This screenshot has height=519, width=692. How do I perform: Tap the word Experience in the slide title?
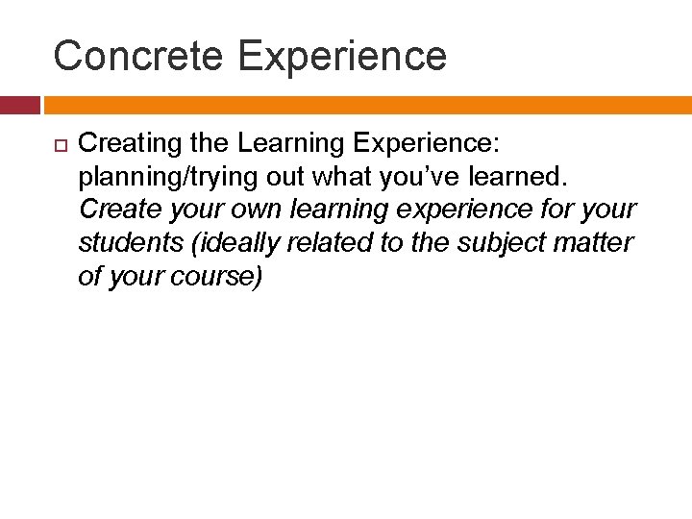pyautogui.click(x=342, y=56)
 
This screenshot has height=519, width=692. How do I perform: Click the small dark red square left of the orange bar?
pyautogui.click(x=19, y=105)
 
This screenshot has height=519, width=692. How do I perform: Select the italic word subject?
pyautogui.click(x=496, y=243)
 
